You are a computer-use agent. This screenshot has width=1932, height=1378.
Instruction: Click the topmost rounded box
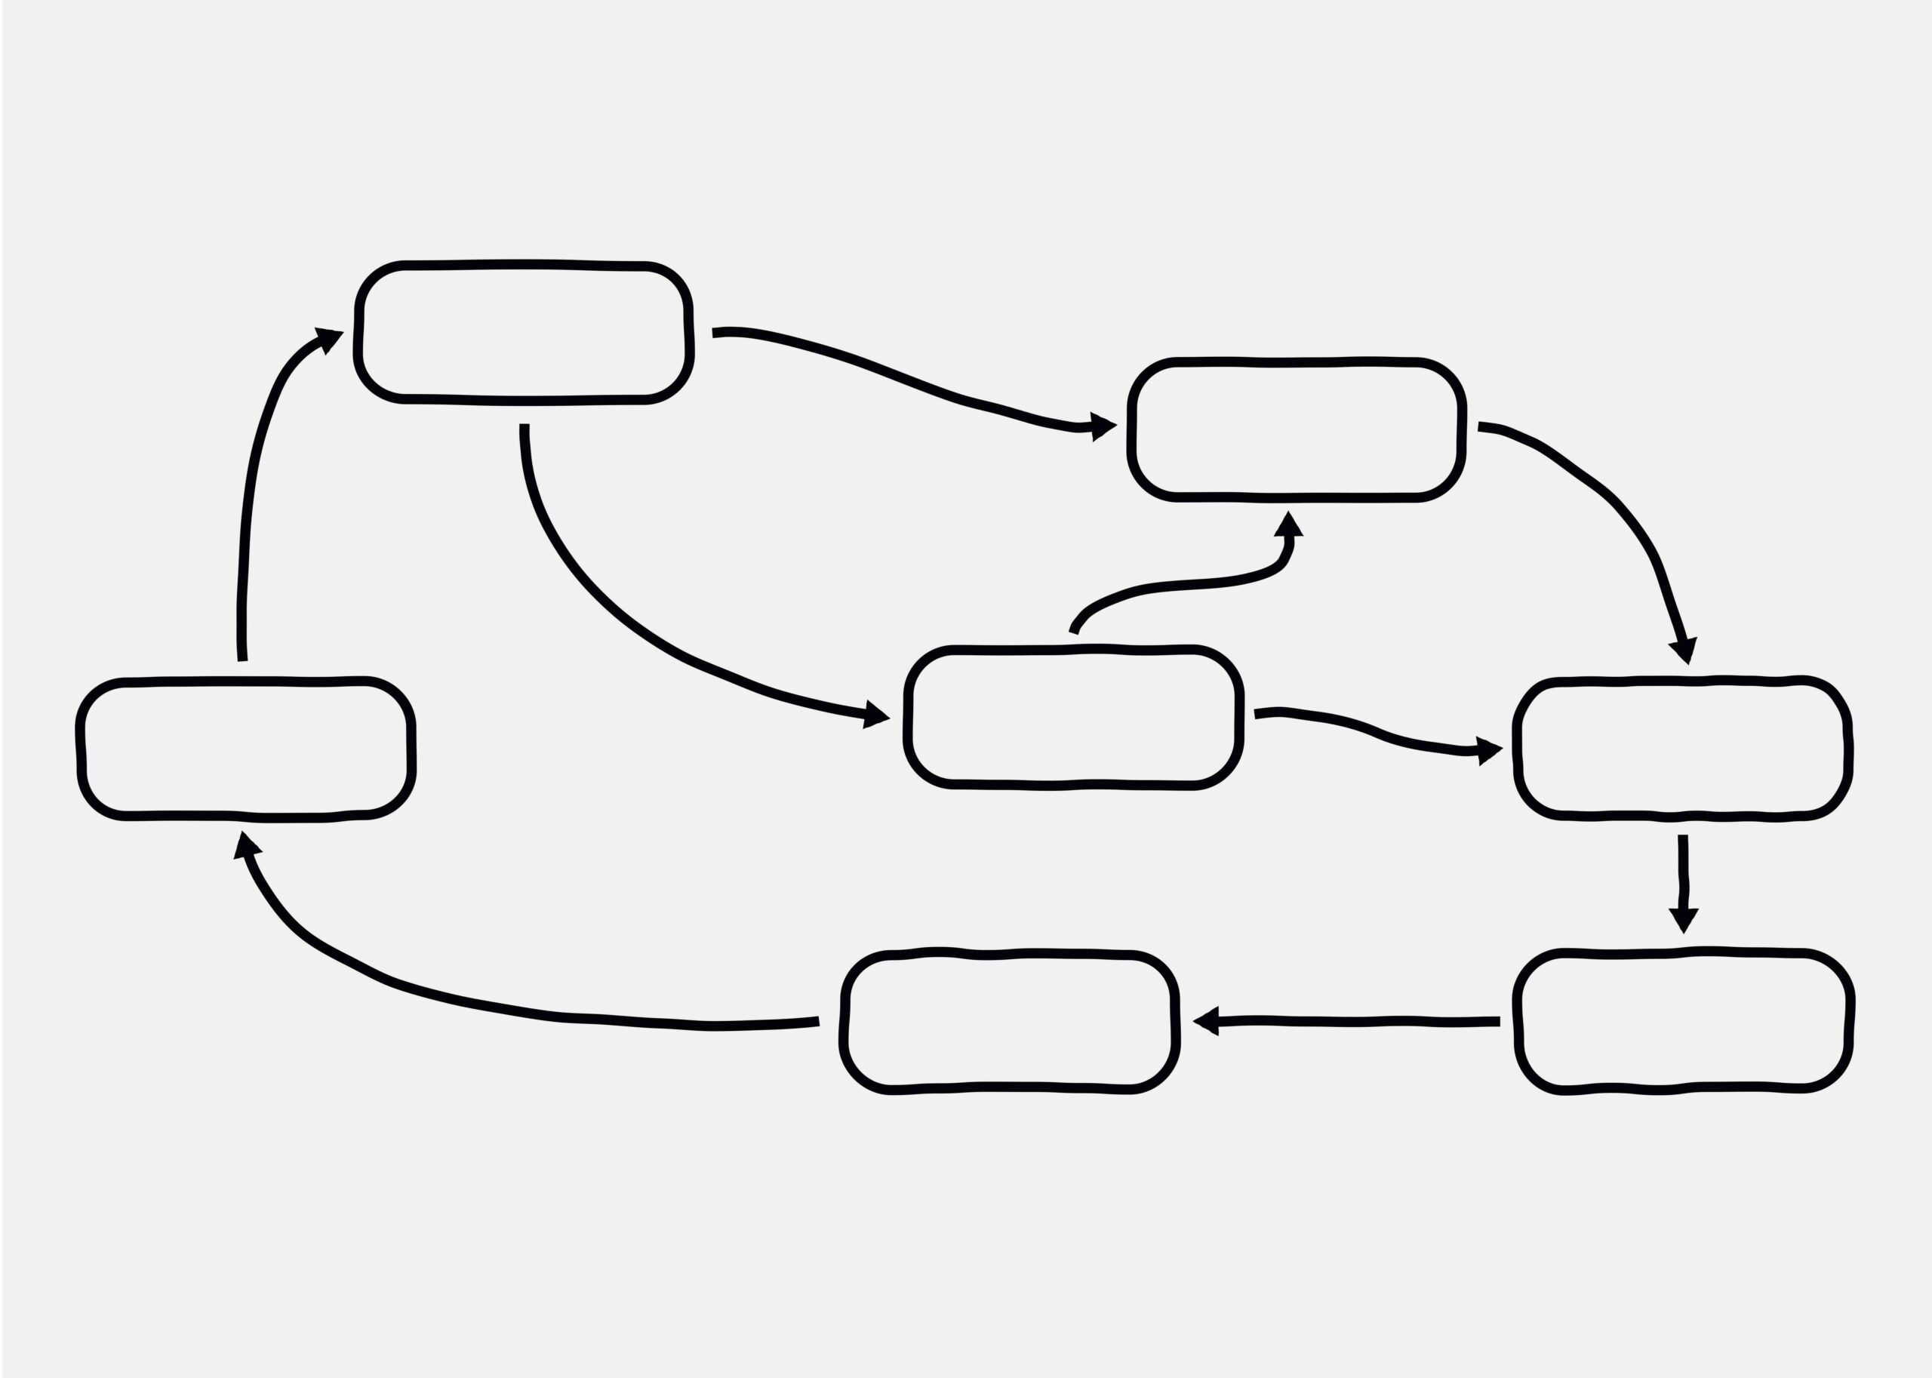click(x=524, y=333)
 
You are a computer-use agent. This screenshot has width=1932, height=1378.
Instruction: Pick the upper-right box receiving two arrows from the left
click(x=1297, y=430)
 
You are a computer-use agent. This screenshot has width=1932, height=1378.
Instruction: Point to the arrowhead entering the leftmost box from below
click(x=245, y=847)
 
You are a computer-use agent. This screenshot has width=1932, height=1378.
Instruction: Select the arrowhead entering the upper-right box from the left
click(x=1101, y=427)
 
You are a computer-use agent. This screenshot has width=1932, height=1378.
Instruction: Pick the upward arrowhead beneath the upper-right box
click(x=1288, y=526)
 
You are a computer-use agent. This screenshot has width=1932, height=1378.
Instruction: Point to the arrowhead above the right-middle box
click(x=1684, y=648)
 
